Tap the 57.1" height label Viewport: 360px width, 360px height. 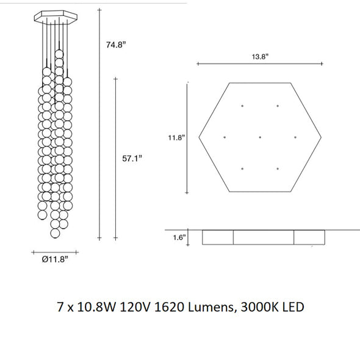pos(132,158)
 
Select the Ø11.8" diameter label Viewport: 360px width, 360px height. pos(54,259)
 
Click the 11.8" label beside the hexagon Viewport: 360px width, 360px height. pos(178,138)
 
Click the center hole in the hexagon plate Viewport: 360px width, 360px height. pos(260,137)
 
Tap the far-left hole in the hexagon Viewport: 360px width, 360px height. pos(225,137)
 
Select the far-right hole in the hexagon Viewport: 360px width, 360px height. pos(296,137)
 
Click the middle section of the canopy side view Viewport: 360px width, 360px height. pos(264,237)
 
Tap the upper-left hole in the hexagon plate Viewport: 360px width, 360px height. pos(242,106)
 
